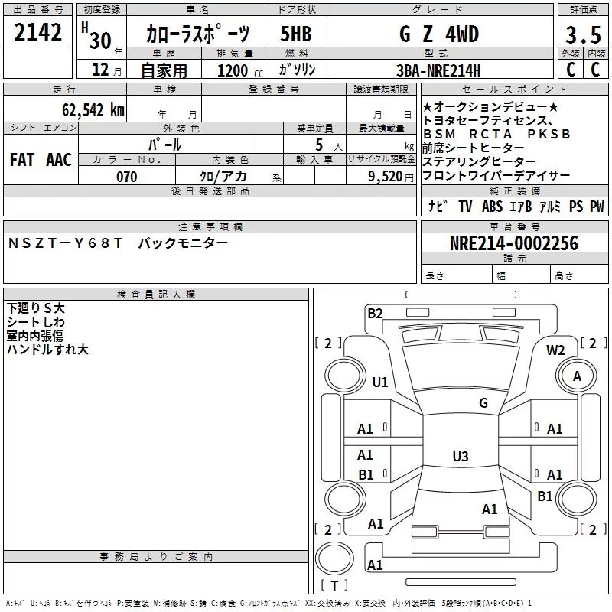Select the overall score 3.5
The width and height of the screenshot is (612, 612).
pyautogui.click(x=582, y=35)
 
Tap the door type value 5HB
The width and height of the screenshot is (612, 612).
pyautogui.click(x=296, y=35)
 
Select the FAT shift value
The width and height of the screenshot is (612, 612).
pyautogui.click(x=22, y=160)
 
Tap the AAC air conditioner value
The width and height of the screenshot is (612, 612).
pyautogui.click(x=59, y=160)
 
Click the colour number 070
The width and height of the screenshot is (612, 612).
pyautogui.click(x=127, y=177)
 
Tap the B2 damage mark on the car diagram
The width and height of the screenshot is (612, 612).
pyautogui.click(x=375, y=313)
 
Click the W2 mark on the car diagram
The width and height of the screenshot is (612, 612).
pyautogui.click(x=555, y=350)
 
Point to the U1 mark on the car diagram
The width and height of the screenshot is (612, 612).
pyautogui.click(x=380, y=382)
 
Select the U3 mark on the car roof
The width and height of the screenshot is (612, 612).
pyautogui.click(x=460, y=457)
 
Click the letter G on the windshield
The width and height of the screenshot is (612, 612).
pyautogui.click(x=483, y=403)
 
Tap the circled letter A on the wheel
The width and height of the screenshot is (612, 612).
pyautogui.click(x=578, y=376)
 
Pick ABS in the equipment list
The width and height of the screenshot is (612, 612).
pyautogui.click(x=492, y=207)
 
